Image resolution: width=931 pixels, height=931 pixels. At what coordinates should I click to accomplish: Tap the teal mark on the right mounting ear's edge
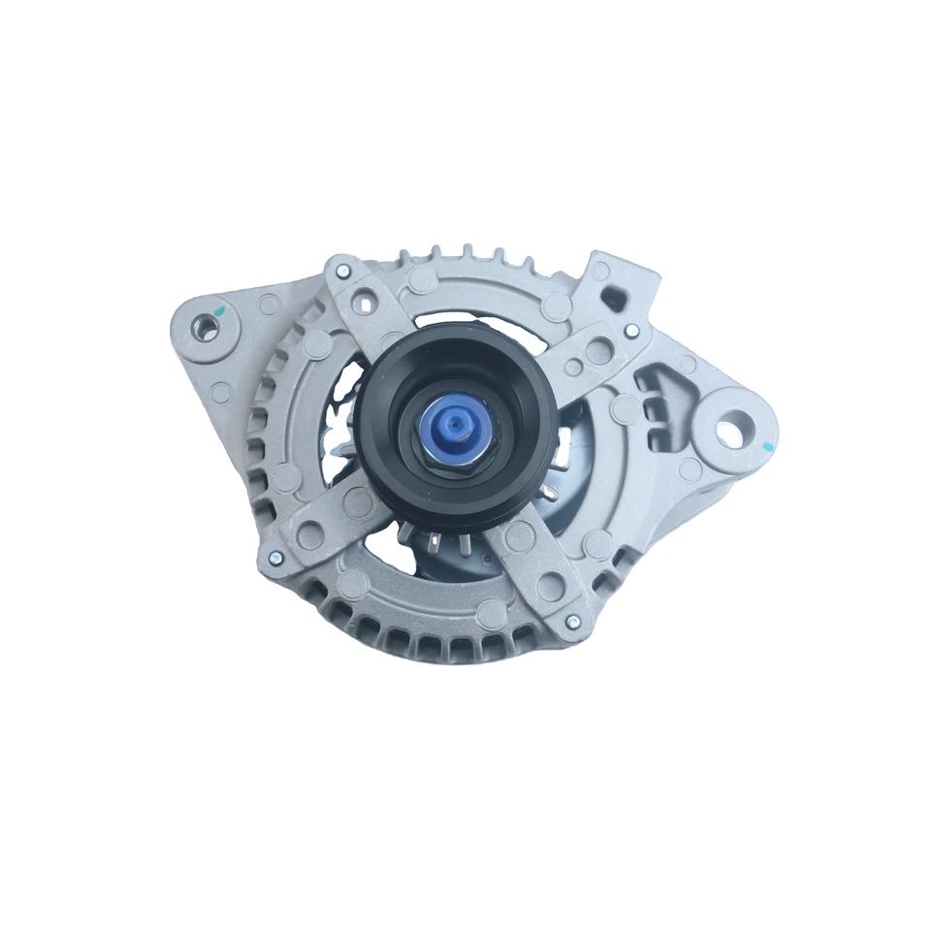pyautogui.click(x=765, y=448)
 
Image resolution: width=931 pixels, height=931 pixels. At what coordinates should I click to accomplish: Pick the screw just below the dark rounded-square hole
pyautogui.click(x=631, y=332)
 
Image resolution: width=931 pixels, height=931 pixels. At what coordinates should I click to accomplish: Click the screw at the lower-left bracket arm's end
pyautogui.click(x=276, y=557)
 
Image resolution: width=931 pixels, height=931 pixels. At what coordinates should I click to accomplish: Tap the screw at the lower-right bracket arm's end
pyautogui.click(x=573, y=622)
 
